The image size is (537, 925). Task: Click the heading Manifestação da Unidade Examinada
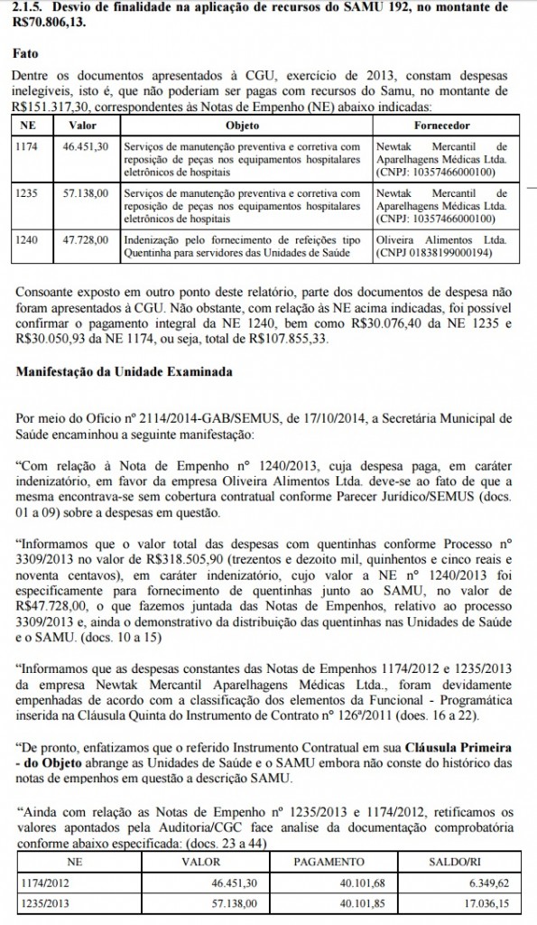(122, 372)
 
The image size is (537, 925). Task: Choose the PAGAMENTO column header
(329, 862)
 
